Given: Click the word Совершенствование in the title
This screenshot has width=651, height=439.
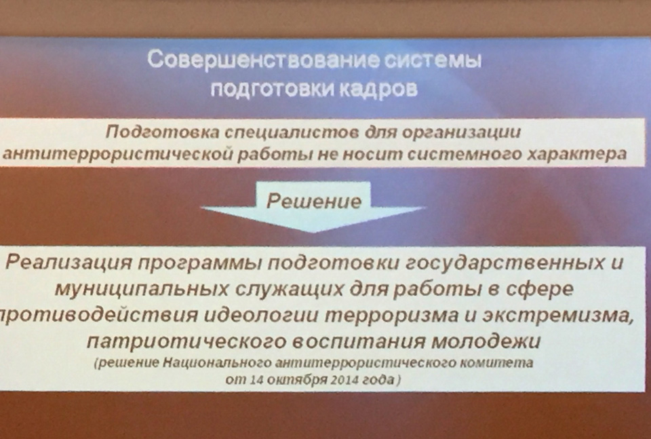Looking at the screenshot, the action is pyautogui.click(x=262, y=60).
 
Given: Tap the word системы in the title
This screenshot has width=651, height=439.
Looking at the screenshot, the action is pyautogui.click(x=432, y=60).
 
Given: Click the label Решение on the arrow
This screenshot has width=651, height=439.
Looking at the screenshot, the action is pyautogui.click(x=314, y=201).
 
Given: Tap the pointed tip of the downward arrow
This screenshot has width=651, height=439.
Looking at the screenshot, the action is pyautogui.click(x=314, y=232).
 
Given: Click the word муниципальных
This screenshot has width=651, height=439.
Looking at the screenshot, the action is pyautogui.click(x=141, y=289).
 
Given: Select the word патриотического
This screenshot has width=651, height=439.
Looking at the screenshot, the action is pyautogui.click(x=187, y=342).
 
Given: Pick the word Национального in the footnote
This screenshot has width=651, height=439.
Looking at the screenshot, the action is pyautogui.click(x=217, y=363).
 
